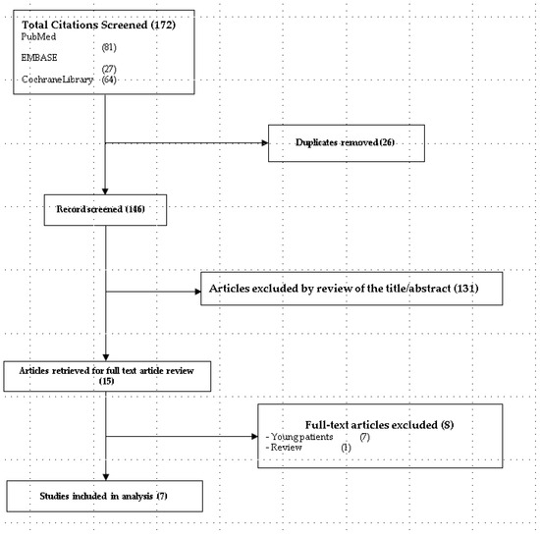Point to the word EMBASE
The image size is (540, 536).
pyautogui.click(x=40, y=58)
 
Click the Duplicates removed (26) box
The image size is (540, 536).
pyautogui.click(x=346, y=142)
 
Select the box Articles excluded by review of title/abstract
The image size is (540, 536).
pyautogui.click(x=352, y=290)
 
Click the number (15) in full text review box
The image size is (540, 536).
pyautogui.click(x=107, y=379)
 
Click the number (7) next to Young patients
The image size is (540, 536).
pyautogui.click(x=363, y=435)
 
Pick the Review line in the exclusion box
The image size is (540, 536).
pyautogui.click(x=286, y=447)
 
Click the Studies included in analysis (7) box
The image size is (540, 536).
pyautogui.click(x=93, y=495)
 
